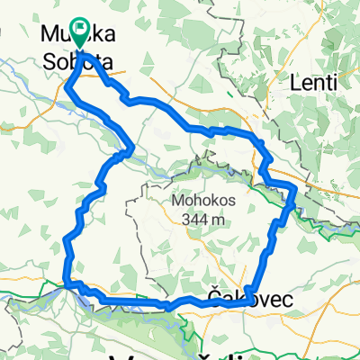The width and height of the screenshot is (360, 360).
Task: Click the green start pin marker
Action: click(80, 34)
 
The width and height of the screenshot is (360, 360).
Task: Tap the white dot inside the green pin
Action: click(80, 29)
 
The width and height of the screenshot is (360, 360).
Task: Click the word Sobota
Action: click(82, 64)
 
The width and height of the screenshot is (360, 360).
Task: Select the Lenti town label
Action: click(313, 83)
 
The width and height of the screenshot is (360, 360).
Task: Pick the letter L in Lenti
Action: click(294, 83)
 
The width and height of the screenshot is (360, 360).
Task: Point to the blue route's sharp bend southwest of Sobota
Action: click(68, 86)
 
